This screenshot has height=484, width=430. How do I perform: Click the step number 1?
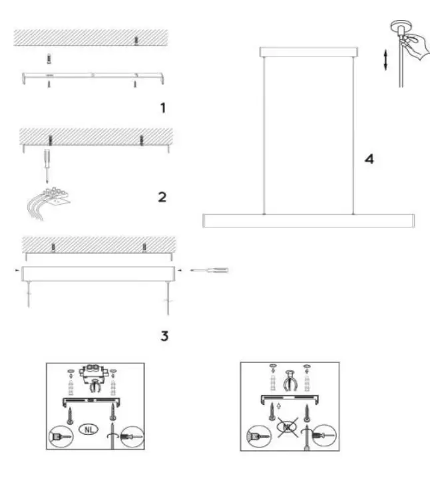click(x=162, y=108)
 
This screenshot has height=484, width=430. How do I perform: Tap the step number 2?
click(x=162, y=197)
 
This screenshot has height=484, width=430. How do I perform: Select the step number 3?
click(x=164, y=336)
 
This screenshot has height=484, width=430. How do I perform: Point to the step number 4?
click(x=368, y=159)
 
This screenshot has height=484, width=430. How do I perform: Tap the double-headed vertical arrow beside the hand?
click(x=384, y=60)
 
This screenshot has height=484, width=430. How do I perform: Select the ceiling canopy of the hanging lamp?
click(x=308, y=51)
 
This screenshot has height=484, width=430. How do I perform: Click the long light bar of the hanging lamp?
click(x=308, y=221)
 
